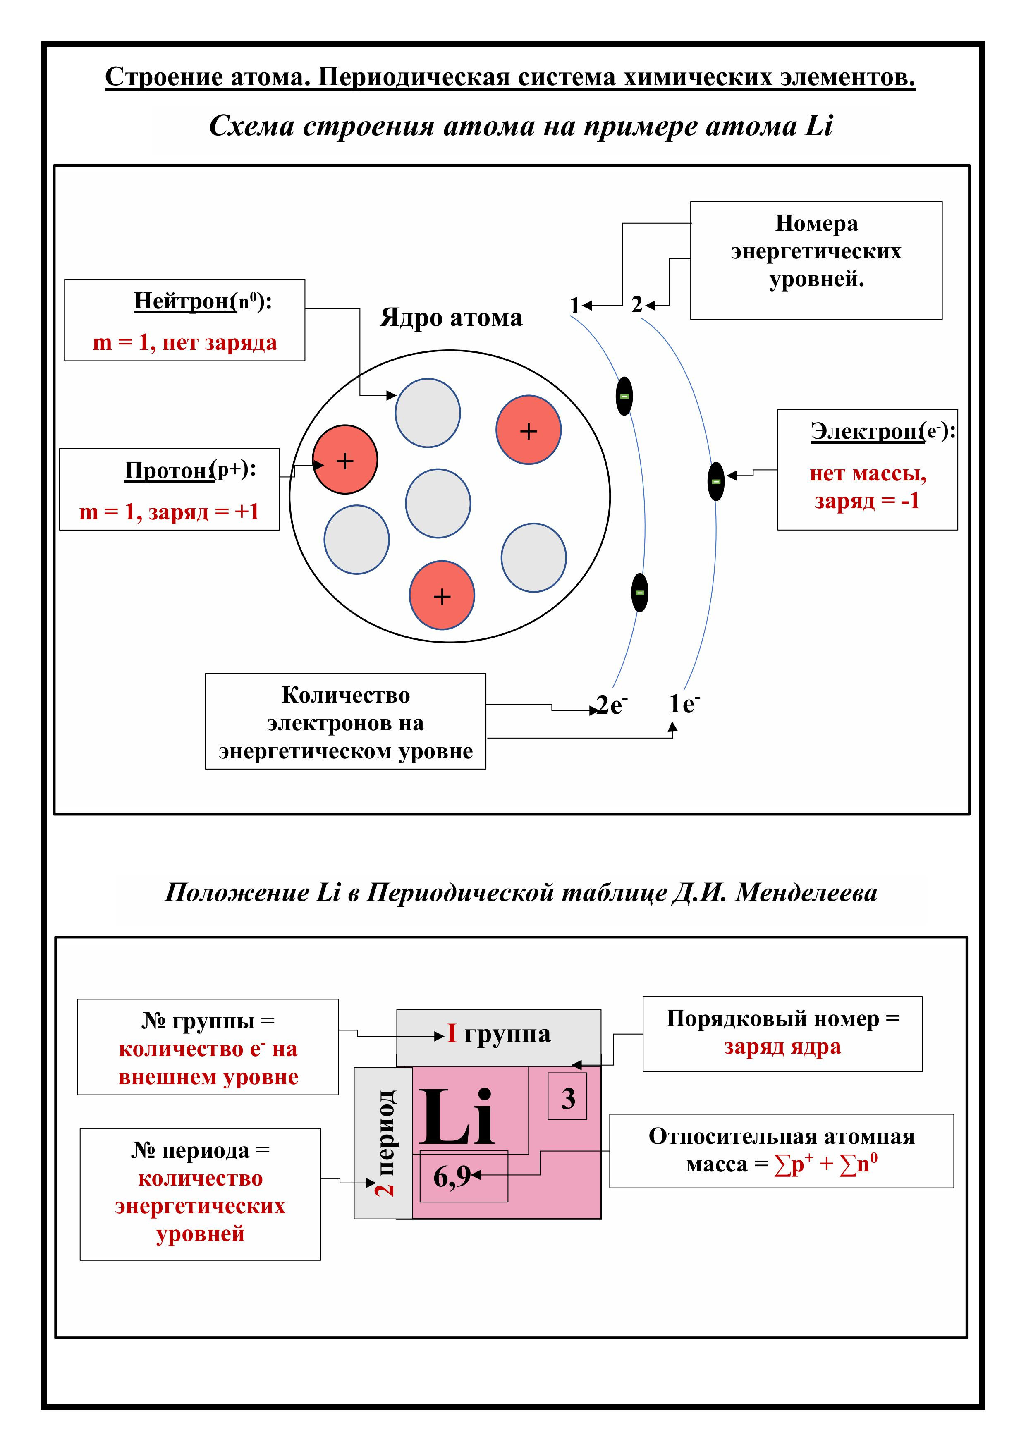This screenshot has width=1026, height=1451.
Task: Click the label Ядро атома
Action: (451, 317)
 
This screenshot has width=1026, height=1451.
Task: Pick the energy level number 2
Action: (636, 305)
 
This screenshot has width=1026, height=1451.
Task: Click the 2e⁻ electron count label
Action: (611, 705)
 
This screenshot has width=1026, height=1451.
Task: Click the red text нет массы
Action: (867, 473)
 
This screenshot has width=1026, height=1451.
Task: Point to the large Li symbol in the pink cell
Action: (457, 1119)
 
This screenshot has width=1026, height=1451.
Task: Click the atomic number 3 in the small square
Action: (568, 1099)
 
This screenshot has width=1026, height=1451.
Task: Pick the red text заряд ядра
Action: (782, 1047)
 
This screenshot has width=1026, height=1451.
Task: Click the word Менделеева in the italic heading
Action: (806, 892)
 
